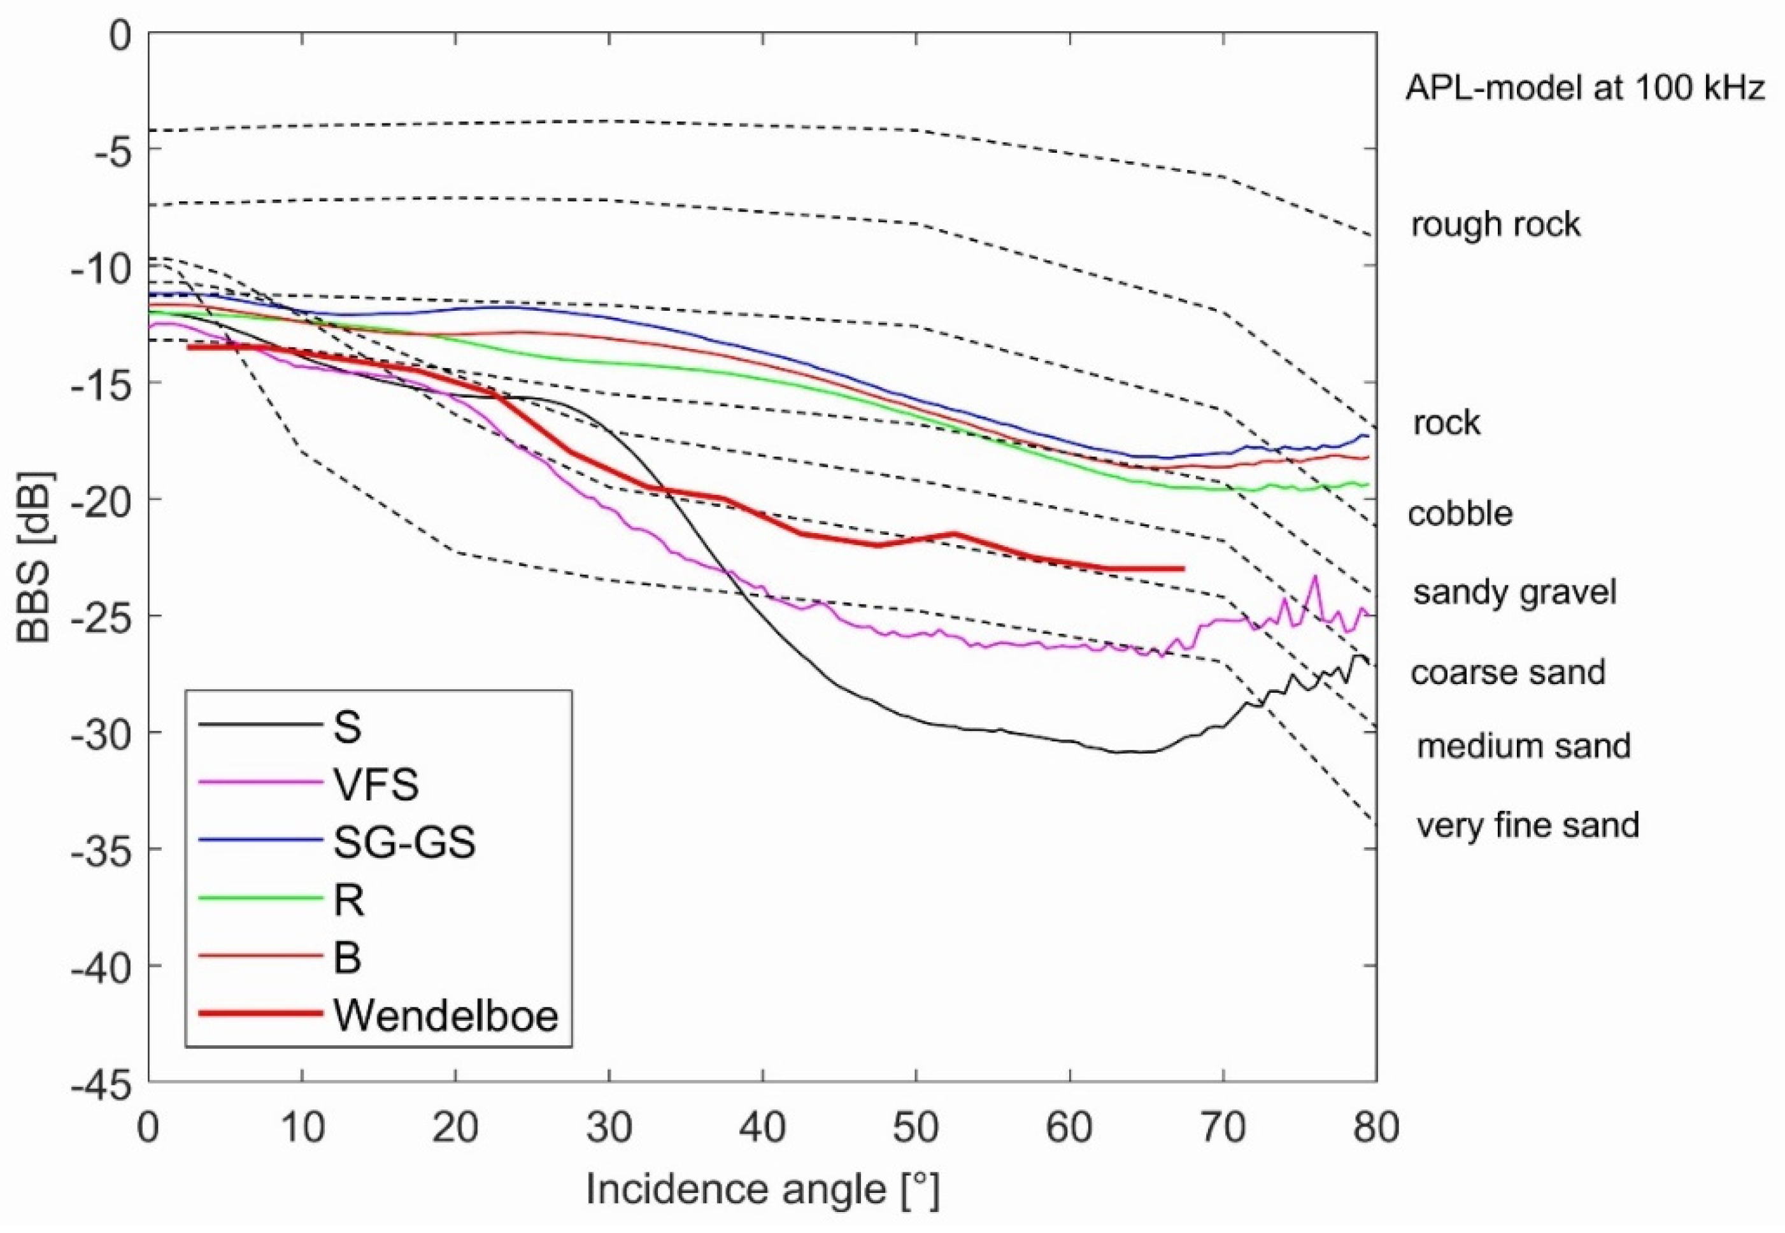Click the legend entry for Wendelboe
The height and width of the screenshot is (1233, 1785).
(446, 1015)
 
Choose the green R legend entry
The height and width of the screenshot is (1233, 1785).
(348, 900)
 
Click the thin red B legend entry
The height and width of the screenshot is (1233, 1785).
(348, 958)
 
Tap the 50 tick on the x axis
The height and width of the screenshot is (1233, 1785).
(916, 1128)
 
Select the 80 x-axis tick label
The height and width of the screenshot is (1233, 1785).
(1376, 1128)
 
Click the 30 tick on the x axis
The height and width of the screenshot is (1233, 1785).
(609, 1128)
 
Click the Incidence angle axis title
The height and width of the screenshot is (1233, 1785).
(762, 1190)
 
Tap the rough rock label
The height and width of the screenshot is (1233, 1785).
(1495, 225)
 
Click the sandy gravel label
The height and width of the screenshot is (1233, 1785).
(1514, 592)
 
